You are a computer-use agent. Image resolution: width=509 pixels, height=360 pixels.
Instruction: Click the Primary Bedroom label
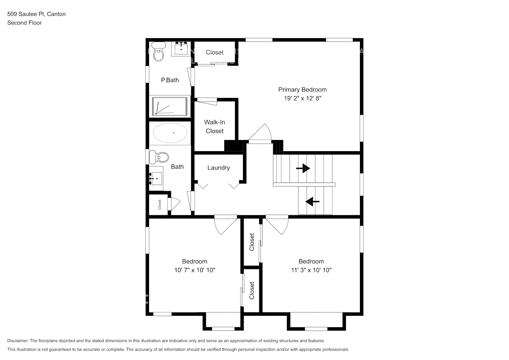click(302, 90)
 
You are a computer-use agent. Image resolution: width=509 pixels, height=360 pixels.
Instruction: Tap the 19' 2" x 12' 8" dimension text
click(302, 98)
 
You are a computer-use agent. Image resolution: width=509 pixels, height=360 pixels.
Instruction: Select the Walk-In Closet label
click(215, 127)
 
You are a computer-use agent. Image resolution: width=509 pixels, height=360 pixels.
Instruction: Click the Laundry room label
click(219, 168)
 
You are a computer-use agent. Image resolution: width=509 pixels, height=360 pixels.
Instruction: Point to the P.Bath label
click(170, 80)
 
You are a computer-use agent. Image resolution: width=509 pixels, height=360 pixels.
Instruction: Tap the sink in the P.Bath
click(181, 49)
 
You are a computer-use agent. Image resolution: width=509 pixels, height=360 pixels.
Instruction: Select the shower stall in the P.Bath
click(170, 107)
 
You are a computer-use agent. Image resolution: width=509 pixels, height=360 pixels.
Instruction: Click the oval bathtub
click(170, 133)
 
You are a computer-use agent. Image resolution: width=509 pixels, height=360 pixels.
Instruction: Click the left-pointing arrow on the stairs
click(312, 202)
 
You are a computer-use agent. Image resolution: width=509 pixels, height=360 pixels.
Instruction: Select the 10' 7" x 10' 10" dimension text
click(195, 270)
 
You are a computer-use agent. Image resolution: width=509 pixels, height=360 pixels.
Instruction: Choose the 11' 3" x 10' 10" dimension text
click(311, 270)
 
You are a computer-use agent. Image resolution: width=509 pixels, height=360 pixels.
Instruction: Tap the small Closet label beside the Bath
click(159, 204)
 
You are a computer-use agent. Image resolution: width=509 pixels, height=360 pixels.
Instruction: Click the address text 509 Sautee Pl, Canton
click(36, 14)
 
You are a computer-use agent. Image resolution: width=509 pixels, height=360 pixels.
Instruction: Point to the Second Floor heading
click(24, 23)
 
